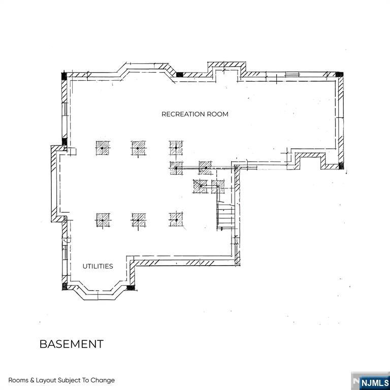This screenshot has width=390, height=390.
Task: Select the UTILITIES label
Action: click(97, 266)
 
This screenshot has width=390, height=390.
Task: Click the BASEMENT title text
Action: click(72, 344)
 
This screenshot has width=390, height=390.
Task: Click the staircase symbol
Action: click(225, 216)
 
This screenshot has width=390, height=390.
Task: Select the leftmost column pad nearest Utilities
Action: click(103, 219)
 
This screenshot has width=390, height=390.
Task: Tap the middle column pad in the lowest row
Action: click(138, 219)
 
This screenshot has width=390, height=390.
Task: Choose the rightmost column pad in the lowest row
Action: click(176, 219)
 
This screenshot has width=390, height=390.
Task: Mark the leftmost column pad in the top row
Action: click(103, 148)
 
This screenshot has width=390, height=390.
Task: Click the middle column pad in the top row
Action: click(138, 148)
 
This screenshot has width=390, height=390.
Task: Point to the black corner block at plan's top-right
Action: click(339, 75)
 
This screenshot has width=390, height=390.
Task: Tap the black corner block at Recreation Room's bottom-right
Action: click(340, 165)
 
